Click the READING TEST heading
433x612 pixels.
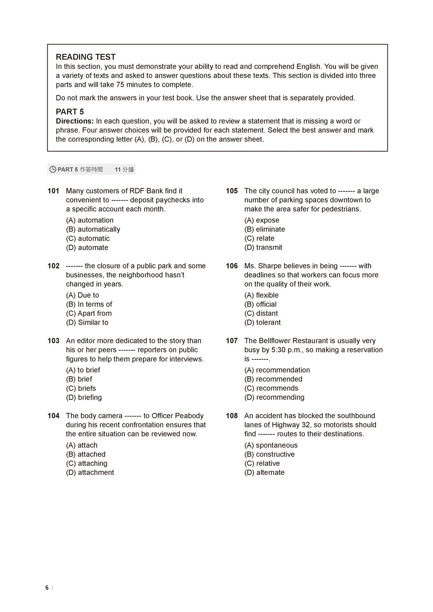[x=86, y=57]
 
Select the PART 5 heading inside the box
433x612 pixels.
[x=70, y=112]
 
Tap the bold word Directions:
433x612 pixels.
[x=75, y=121]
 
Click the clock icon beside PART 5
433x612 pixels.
[x=53, y=170]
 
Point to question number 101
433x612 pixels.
[x=53, y=191]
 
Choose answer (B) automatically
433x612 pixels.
[x=93, y=229]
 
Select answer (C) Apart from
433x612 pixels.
[x=89, y=313]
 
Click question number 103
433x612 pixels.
[x=53, y=341]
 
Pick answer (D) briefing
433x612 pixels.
[x=84, y=397]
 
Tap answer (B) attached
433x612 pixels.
[x=85, y=454]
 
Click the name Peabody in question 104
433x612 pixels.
[x=189, y=416]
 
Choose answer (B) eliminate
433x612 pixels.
[x=265, y=229]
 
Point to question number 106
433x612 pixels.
[x=232, y=266]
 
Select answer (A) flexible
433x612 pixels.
[x=261, y=295]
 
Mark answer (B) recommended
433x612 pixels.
[x=273, y=379]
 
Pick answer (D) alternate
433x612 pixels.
[x=264, y=473]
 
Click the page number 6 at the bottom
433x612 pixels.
[x=47, y=588]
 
